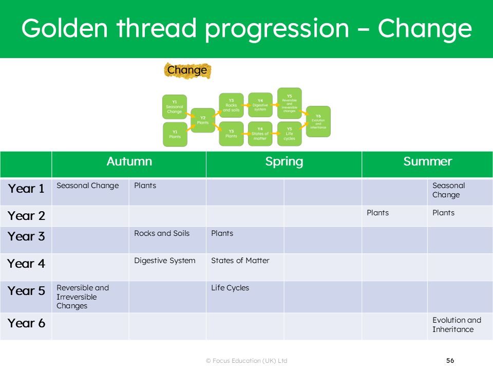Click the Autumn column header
click(129, 161)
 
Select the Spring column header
click(284, 161)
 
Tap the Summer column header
click(427, 161)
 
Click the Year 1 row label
click(26, 189)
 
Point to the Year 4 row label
click(26, 264)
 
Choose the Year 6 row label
click(26, 323)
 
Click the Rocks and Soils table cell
click(162, 233)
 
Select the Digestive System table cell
click(165, 261)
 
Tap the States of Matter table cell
click(240, 261)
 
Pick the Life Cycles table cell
click(230, 288)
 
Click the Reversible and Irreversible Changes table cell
click(83, 297)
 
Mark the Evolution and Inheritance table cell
click(457, 324)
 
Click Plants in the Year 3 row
click(222, 233)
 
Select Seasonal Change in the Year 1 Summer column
click(448, 190)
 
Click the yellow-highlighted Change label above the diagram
click(187, 70)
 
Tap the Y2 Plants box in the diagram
click(203, 120)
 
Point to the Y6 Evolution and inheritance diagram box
click(318, 121)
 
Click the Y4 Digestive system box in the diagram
click(260, 105)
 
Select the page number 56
click(450, 361)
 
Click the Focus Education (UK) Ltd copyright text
click(246, 361)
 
